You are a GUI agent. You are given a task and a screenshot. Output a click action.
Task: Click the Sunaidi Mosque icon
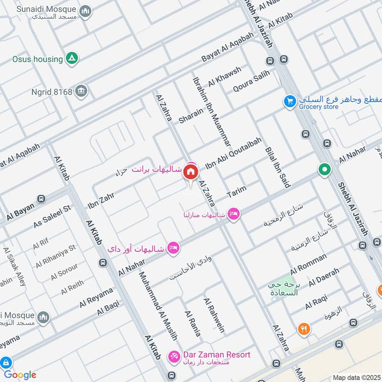pos(85,11)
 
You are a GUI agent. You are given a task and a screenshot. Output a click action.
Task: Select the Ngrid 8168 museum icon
pos(82,91)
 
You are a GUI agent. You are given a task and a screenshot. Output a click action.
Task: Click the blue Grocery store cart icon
pos(289,101)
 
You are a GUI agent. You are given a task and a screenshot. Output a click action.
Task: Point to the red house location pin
pos(191,171)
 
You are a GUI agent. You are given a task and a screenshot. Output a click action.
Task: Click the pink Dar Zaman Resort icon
pos(174,356)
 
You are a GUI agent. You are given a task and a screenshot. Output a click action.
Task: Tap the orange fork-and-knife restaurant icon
pos(304,329)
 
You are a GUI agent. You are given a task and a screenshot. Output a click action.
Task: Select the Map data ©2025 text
pos(356,377)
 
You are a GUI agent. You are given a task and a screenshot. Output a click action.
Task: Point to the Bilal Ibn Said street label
pos(277,160)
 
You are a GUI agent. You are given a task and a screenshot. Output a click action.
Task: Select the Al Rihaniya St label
pos(56,256)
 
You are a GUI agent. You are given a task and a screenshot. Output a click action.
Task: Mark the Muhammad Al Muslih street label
pos(158,306)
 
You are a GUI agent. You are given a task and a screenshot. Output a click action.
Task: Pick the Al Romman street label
pos(308,261)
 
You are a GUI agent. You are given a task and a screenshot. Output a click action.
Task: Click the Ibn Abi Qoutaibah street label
pos(233,153)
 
